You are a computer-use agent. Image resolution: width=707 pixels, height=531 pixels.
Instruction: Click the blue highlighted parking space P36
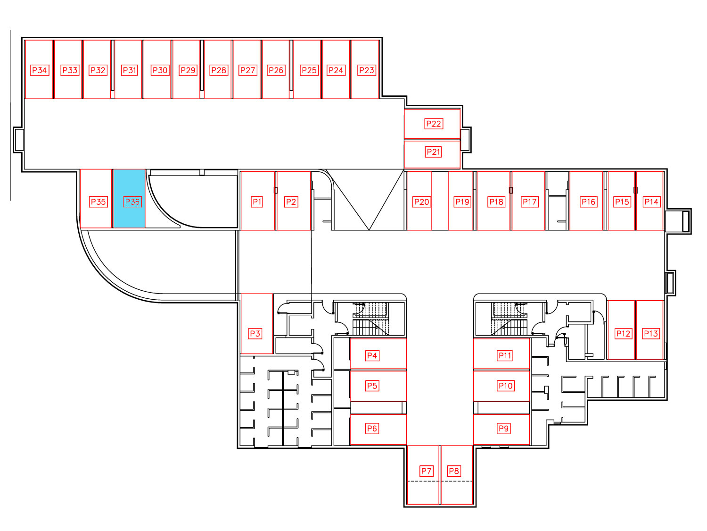click(x=129, y=199)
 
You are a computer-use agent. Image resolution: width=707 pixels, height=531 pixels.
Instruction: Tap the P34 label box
click(x=40, y=70)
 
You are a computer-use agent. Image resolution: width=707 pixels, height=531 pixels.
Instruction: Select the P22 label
click(x=434, y=124)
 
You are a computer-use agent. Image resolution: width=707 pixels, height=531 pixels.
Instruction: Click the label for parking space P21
click(x=433, y=152)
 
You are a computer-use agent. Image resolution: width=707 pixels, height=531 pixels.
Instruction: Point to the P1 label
click(x=257, y=202)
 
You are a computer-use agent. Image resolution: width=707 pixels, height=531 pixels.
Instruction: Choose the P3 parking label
click(x=255, y=333)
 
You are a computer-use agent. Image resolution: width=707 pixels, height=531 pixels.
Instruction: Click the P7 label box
click(x=426, y=471)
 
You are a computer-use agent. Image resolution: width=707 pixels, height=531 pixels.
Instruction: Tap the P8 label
click(x=454, y=471)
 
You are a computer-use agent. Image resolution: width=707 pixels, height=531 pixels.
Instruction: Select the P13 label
click(x=650, y=333)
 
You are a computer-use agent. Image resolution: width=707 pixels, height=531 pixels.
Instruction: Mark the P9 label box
click(x=503, y=429)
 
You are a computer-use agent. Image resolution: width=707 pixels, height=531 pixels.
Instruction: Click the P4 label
click(x=372, y=355)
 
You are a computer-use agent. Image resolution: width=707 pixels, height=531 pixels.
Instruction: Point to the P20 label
click(x=422, y=202)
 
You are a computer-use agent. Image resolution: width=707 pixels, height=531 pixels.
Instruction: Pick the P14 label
click(x=651, y=202)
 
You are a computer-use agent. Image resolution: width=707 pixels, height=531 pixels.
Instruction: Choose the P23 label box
click(x=367, y=70)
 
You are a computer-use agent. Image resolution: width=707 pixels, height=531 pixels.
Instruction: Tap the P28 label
click(x=219, y=70)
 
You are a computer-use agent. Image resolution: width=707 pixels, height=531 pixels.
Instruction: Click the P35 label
click(x=98, y=202)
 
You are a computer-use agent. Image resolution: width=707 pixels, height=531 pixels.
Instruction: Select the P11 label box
click(x=505, y=355)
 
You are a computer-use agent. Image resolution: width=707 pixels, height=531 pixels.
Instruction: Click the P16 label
click(x=589, y=202)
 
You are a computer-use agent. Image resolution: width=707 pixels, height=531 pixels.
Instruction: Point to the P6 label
click(x=372, y=429)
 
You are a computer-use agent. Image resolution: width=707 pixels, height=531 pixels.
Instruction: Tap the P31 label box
click(x=130, y=70)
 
